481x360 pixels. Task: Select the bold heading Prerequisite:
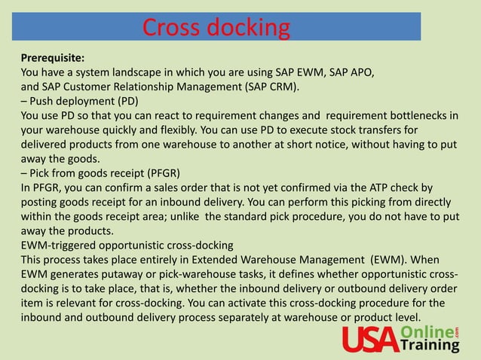pyautogui.click(x=53, y=57)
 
